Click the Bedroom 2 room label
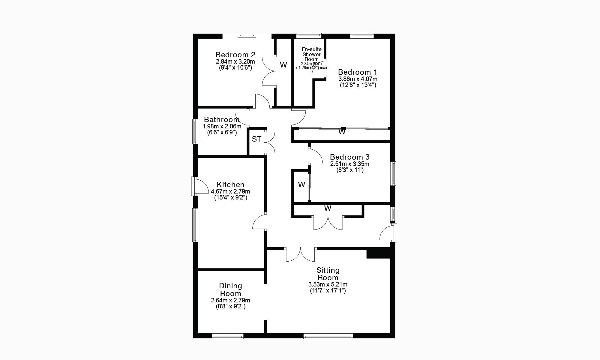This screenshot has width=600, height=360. tap(235, 55)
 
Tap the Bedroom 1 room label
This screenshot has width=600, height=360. tap(358, 72)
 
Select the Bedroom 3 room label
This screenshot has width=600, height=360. tap(349, 157)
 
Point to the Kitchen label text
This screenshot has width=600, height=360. tap(230, 184)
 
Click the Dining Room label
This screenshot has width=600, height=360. tap(230, 289)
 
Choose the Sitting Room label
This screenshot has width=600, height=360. tap(328, 274)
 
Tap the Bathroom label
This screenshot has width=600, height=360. tap(222, 120)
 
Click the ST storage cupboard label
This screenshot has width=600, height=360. tap(256, 139)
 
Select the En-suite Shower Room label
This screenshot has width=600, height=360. tap(311, 54)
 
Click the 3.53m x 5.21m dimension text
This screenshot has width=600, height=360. tap(328, 284)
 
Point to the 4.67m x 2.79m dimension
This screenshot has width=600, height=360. tap(230, 191)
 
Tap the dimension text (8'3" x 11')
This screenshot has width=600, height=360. tap(350, 170)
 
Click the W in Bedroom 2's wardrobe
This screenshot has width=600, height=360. tap(283, 65)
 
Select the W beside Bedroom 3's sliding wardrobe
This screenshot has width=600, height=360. tap(301, 184)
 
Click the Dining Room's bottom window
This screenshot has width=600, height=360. tap(228, 337)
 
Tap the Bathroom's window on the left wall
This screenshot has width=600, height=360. tap(195, 131)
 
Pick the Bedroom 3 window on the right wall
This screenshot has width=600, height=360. tap(393, 173)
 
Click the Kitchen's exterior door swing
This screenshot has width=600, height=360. tap(200, 186)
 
